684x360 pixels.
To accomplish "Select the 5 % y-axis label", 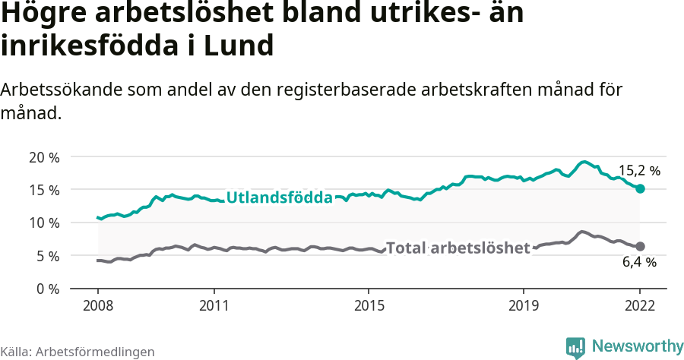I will (x=46, y=256).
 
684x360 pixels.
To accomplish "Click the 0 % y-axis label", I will (x=46, y=289).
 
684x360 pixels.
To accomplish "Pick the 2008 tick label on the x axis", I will (x=98, y=305).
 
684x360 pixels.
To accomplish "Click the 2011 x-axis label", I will (x=214, y=305).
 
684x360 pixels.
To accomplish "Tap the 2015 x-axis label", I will (x=369, y=305).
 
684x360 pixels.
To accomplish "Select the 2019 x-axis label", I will (x=524, y=305).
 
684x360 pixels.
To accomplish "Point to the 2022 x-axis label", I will (x=640, y=305).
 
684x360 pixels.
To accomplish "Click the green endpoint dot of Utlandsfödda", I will (x=640, y=188).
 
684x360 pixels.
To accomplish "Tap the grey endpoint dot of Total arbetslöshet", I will (x=640, y=246).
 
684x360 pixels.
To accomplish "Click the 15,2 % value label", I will (x=639, y=171).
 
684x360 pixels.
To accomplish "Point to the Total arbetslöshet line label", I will (x=458, y=248).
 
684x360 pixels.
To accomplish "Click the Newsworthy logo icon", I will (x=575, y=347).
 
